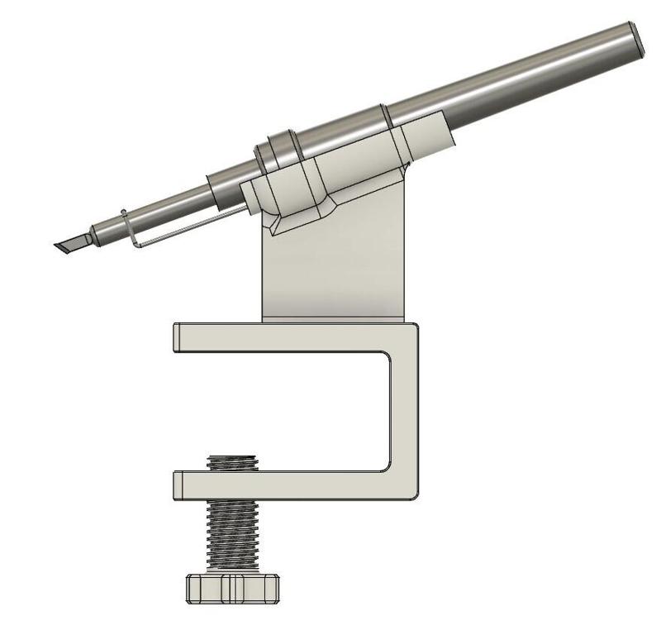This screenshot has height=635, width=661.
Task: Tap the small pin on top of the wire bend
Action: coord(123,212)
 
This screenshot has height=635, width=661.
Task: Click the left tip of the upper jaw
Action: coord(177,337)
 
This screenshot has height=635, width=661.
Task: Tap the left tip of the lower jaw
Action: coord(177,485)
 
